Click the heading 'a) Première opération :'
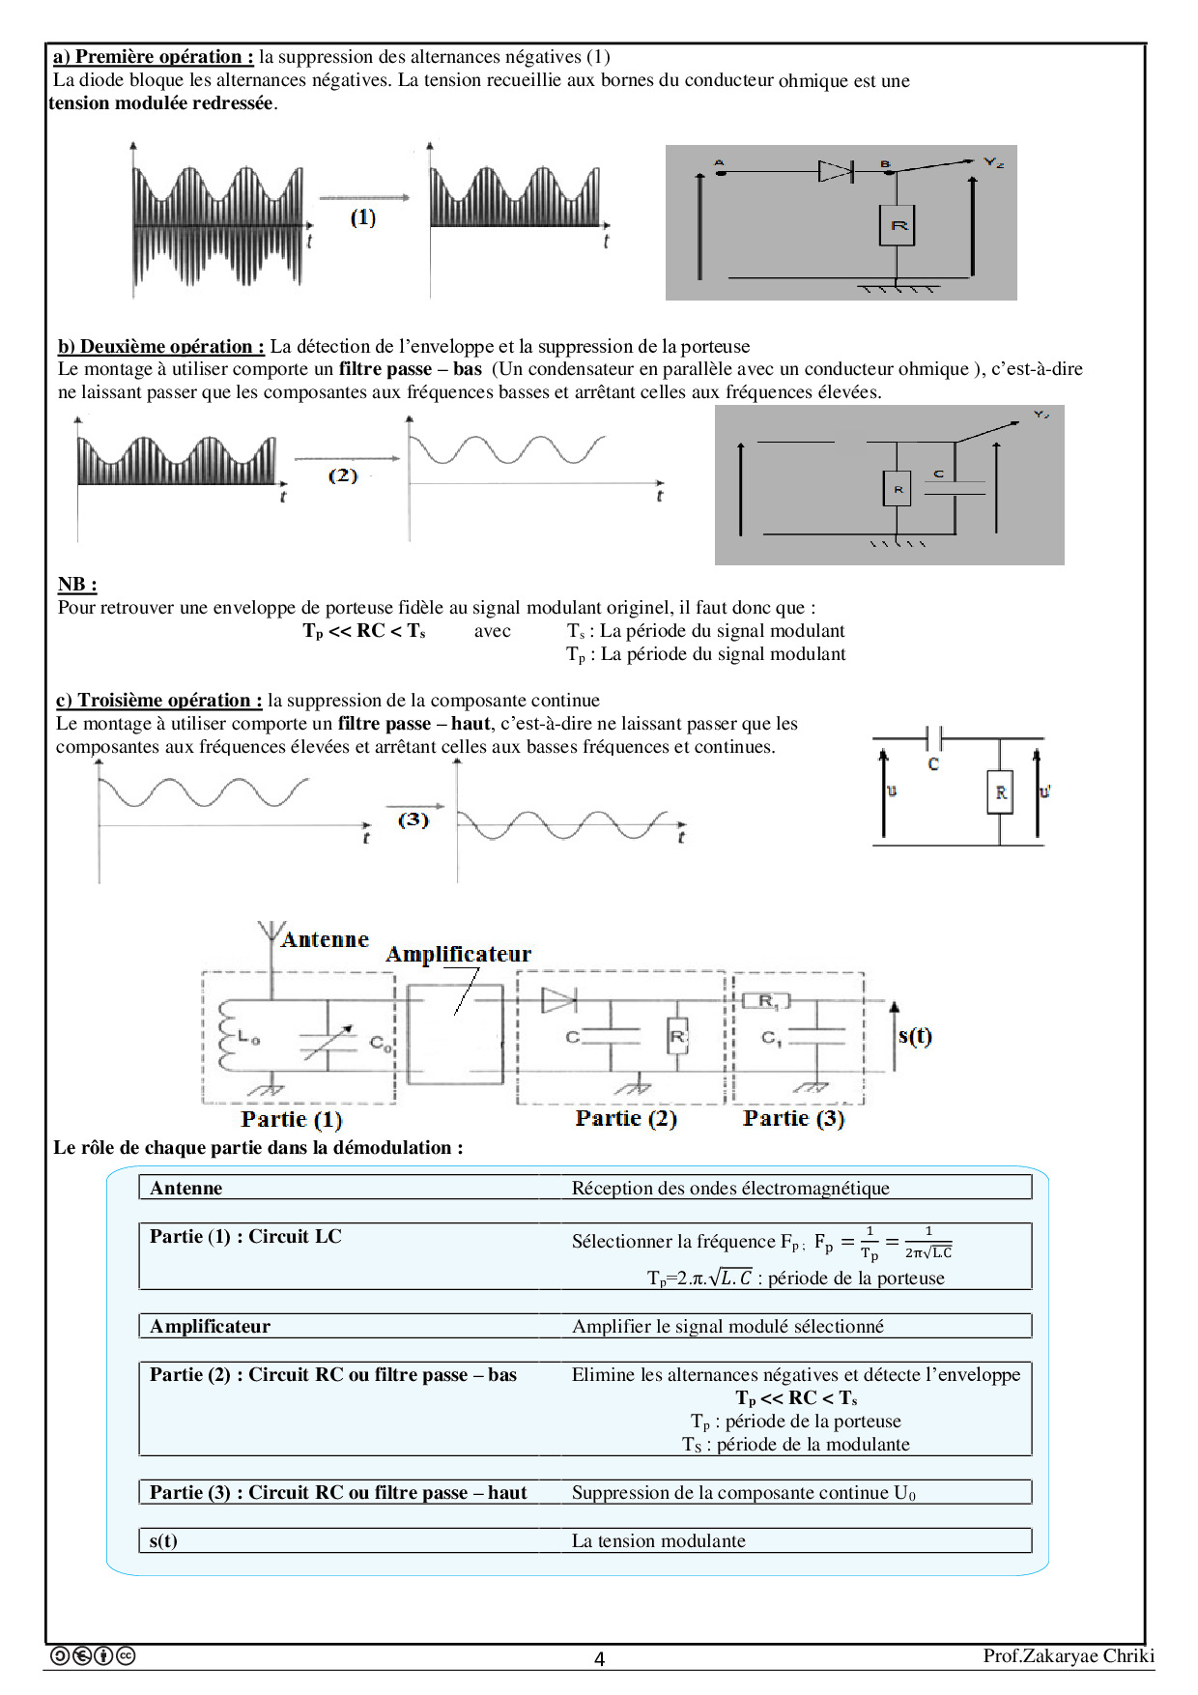(154, 57)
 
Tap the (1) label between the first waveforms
(363, 217)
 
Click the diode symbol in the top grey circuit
(835, 172)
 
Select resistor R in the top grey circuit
(898, 226)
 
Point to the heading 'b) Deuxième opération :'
(161, 346)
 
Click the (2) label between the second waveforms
(343, 475)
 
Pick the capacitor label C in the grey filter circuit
(939, 474)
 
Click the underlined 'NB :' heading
(77, 584)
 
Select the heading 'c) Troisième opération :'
(159, 700)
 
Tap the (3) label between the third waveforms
(414, 819)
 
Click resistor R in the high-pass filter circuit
(1001, 792)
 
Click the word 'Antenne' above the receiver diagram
(326, 939)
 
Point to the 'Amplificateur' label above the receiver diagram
(459, 954)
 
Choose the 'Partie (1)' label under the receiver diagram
(292, 1119)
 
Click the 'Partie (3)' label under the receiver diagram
(794, 1118)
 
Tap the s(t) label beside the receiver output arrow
(915, 1036)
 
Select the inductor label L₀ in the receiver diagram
(248, 1040)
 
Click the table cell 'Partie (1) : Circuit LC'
(245, 1236)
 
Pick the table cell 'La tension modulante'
(659, 1540)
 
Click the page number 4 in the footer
(599, 1658)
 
